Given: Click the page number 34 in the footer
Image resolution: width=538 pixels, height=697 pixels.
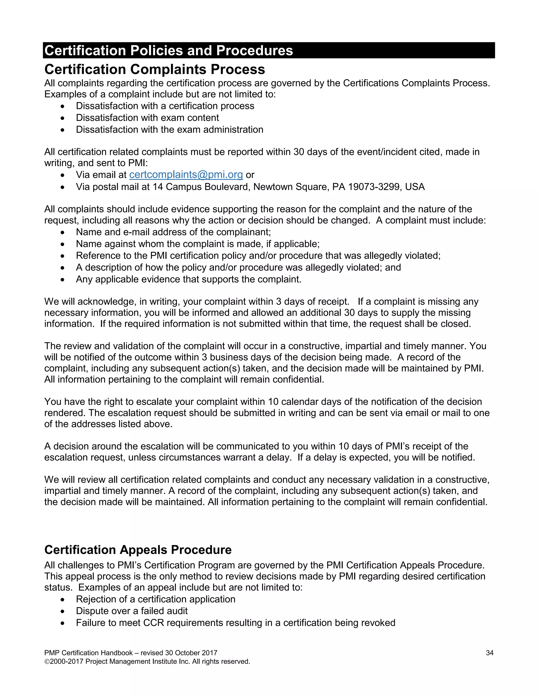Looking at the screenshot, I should [x=490, y=653].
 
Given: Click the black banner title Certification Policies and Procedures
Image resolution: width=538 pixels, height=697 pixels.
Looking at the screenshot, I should [x=169, y=50].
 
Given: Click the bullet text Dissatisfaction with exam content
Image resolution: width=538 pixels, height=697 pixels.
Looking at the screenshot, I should [x=147, y=118].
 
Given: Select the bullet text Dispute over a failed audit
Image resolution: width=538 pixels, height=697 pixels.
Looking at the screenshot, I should [x=132, y=611].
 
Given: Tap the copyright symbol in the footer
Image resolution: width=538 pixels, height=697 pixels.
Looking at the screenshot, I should [x=47, y=661].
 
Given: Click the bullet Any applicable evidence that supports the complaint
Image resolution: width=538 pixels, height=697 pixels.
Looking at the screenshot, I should [x=188, y=279].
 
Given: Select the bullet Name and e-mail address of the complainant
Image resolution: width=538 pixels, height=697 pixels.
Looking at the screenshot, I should [x=173, y=232].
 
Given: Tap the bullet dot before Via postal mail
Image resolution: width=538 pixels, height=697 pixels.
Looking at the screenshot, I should [x=63, y=187].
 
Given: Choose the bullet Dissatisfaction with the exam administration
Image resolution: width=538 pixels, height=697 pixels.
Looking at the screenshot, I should [x=169, y=130].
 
